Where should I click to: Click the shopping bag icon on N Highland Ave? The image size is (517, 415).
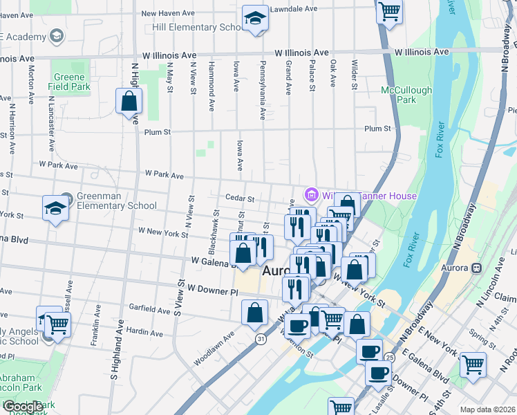click(x=129, y=102)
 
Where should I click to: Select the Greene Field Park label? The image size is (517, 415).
click(x=70, y=82)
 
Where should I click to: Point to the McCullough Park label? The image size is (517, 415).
click(x=406, y=95)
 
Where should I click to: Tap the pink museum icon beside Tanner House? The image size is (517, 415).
click(x=311, y=196)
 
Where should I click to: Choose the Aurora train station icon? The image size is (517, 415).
click(x=476, y=268)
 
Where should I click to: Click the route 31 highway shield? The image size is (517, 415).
click(x=260, y=339)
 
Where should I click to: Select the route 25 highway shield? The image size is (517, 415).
click(x=390, y=357)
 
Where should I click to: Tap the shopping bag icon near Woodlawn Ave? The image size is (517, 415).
click(x=255, y=313)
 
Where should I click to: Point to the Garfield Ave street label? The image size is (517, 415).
click(x=149, y=311)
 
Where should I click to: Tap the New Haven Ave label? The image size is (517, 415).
click(x=169, y=13)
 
